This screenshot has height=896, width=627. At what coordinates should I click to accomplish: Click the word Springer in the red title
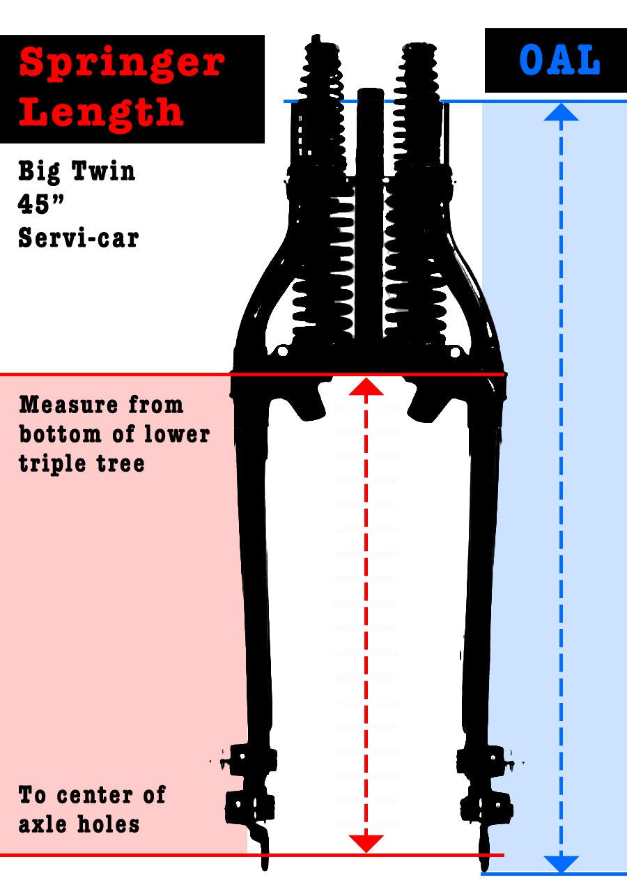(x=122, y=63)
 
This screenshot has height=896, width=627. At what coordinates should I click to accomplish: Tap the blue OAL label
(x=560, y=61)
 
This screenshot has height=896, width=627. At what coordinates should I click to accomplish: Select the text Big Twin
(x=77, y=171)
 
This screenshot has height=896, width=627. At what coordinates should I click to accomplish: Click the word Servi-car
(x=79, y=238)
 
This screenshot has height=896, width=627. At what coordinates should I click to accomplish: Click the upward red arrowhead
(x=366, y=387)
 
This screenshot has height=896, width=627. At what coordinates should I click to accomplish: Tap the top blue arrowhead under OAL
(x=561, y=112)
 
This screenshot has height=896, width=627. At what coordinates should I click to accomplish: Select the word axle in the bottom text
(x=42, y=825)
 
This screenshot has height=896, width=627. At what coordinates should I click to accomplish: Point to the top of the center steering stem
(x=370, y=91)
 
